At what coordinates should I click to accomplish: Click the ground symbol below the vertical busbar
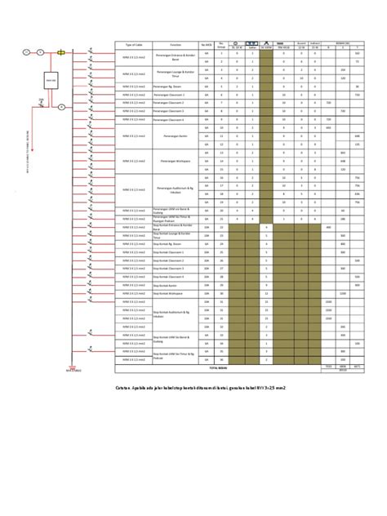[x=73, y=367]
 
